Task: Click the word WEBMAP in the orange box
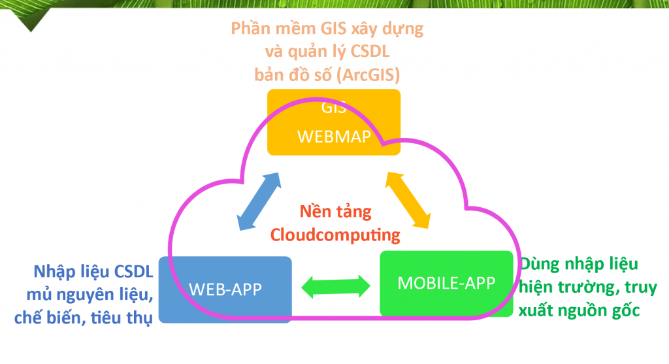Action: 334,137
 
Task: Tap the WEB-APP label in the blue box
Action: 225,290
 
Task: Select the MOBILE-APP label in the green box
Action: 446,283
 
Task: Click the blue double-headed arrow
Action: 259,201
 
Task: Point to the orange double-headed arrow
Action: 408,200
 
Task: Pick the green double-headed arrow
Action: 336,286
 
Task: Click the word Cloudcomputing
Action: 335,235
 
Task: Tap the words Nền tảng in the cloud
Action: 335,211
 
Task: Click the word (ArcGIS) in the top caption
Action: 368,75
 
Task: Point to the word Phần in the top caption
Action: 251,29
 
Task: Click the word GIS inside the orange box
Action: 334,108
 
